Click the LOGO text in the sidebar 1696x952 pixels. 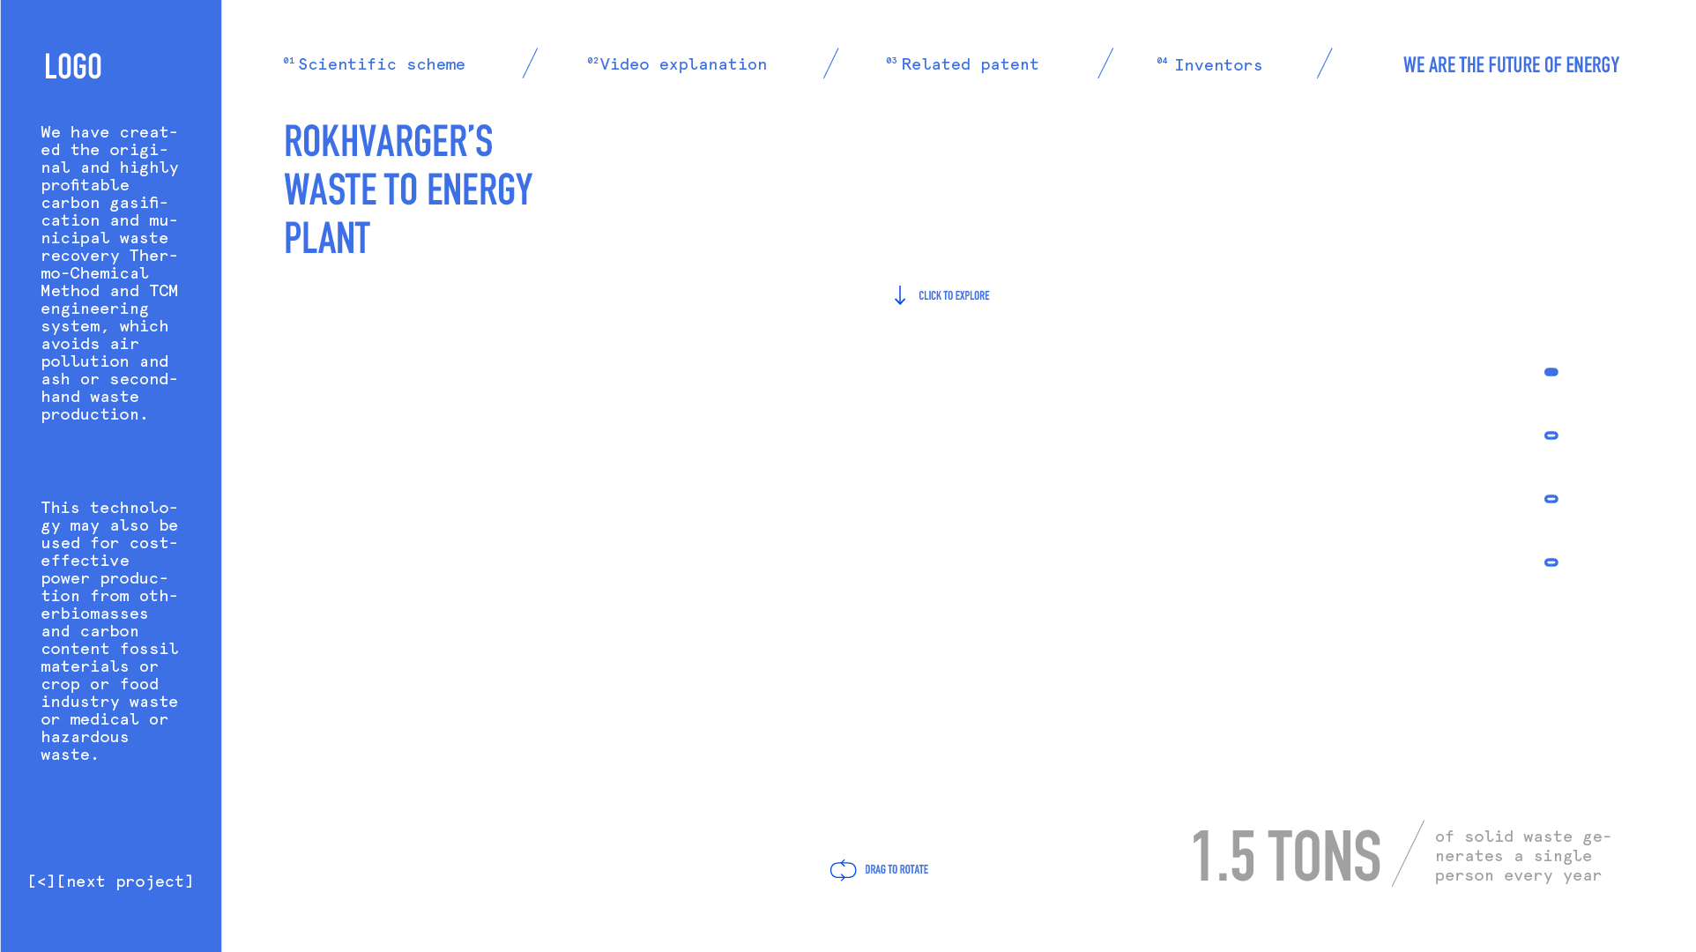pyautogui.click(x=73, y=67)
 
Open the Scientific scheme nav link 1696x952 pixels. pyautogui.click(x=381, y=64)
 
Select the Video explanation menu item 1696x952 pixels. pyautogui.click(x=682, y=64)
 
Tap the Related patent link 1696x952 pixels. pyautogui.click(x=969, y=64)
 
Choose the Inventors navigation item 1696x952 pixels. pyautogui.click(x=1217, y=65)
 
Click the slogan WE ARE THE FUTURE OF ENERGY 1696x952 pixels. pyautogui.click(x=1511, y=65)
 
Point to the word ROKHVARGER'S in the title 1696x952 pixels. pyautogui.click(x=388, y=142)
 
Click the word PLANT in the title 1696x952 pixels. pyautogui.click(x=327, y=238)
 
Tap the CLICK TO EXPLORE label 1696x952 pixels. pyautogui.click(x=954, y=295)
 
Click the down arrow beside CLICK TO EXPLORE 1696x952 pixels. pyautogui.click(x=899, y=295)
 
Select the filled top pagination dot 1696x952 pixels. pyautogui.click(x=1551, y=372)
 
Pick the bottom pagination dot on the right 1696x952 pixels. pyautogui.click(x=1551, y=562)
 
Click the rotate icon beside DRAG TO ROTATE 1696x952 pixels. pyautogui.click(x=844, y=870)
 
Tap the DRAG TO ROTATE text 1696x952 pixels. pyautogui.click(x=896, y=870)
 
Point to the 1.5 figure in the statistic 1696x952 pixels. pyautogui.click(x=1224, y=856)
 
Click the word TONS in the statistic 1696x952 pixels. pyautogui.click(x=1324, y=856)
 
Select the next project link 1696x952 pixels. pyautogui.click(x=125, y=881)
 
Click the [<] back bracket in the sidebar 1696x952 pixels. pyautogui.click(x=41, y=881)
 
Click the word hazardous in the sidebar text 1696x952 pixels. pyautogui.click(x=85, y=737)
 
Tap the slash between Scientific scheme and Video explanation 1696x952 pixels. pyautogui.click(x=530, y=63)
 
